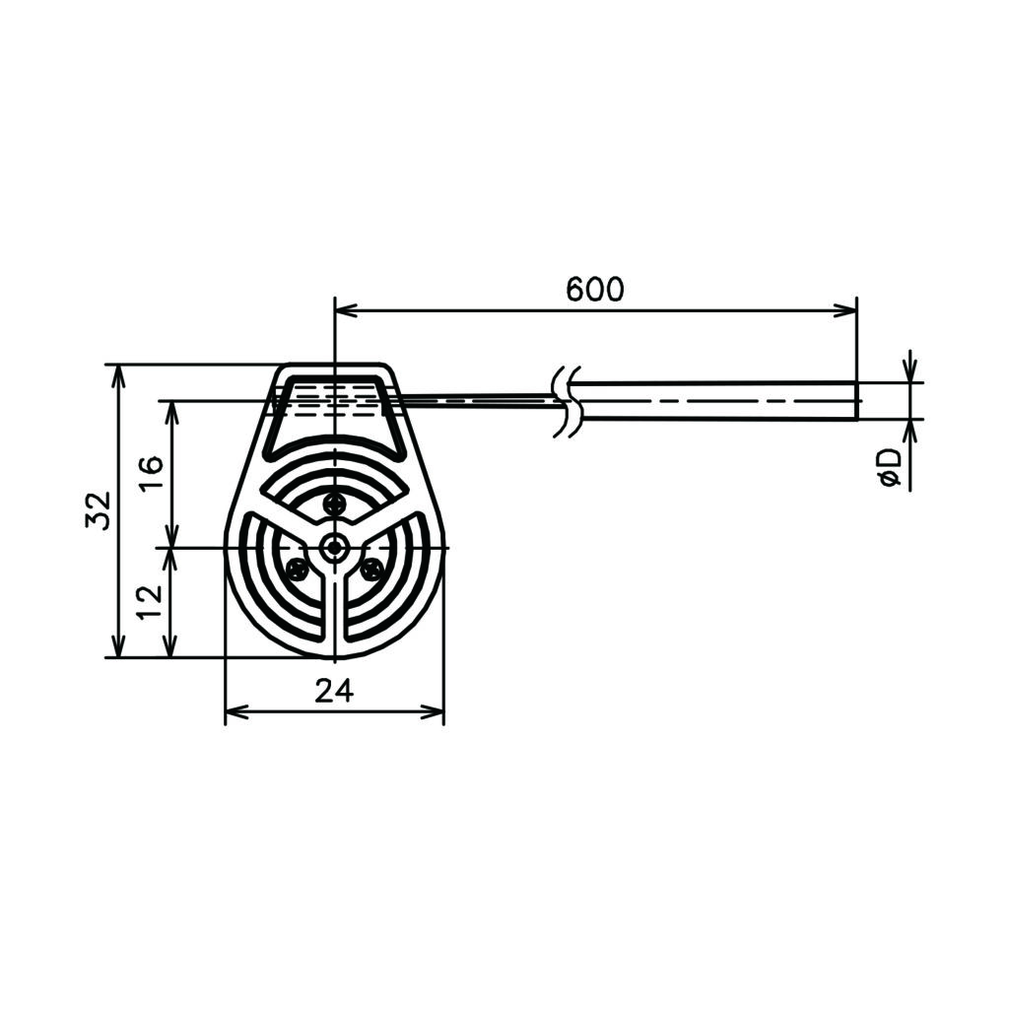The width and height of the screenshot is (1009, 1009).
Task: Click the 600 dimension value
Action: (594, 290)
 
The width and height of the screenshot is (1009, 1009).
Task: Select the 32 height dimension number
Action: (99, 511)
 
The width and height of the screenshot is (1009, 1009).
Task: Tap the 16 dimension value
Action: (153, 473)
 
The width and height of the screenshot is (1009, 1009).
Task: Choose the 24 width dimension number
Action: (334, 691)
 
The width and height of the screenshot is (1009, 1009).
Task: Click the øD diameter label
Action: (891, 468)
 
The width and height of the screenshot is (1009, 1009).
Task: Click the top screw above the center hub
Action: (334, 503)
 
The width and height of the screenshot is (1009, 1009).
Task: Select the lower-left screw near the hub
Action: (297, 569)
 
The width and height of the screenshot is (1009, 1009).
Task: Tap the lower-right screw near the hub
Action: (371, 569)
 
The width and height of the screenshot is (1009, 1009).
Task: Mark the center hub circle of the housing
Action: (334, 548)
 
